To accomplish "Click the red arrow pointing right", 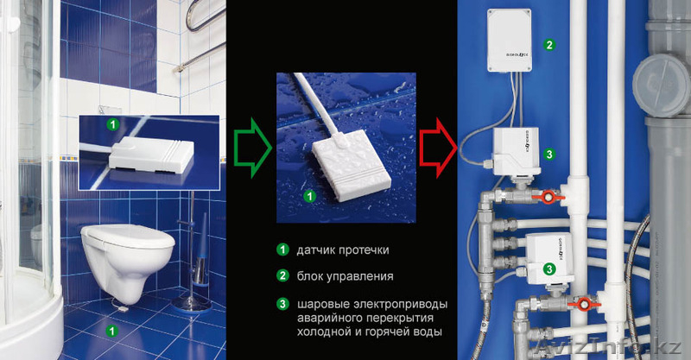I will (x=438, y=142).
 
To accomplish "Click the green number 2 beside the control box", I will (x=548, y=43).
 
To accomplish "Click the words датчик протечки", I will (x=341, y=250).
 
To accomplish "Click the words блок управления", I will (x=344, y=277).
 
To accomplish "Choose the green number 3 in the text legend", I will (x=282, y=304).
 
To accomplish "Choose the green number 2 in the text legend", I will (x=282, y=277).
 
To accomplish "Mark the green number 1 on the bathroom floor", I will (x=110, y=330).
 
